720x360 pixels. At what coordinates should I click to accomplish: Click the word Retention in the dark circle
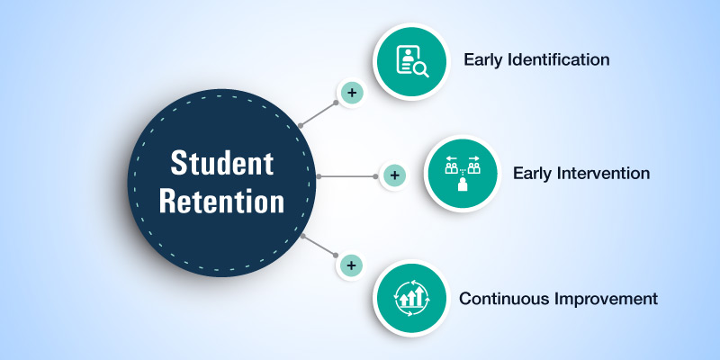(x=221, y=201)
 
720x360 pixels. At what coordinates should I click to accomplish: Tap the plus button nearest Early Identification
(x=351, y=93)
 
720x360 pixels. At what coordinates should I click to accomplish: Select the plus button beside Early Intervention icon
(x=393, y=175)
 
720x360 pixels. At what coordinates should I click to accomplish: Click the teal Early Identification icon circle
(x=411, y=60)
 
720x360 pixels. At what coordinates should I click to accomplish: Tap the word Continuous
(x=498, y=298)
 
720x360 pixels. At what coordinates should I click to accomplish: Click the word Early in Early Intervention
(x=532, y=173)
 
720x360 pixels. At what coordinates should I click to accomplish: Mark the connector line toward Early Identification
(x=318, y=113)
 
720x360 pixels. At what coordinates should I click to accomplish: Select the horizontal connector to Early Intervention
(x=346, y=176)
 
